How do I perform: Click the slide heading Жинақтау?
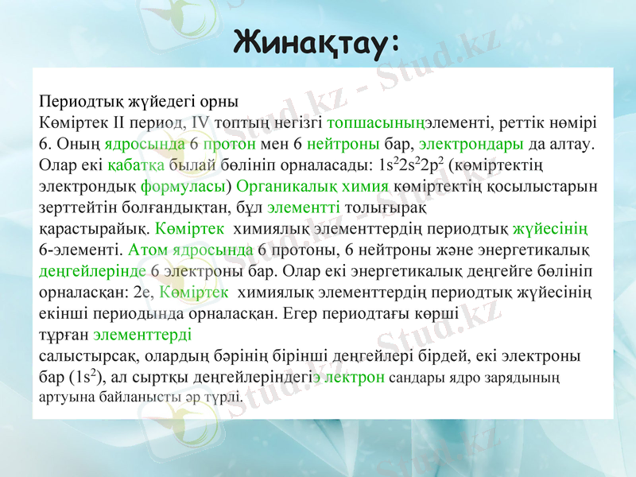[x=317, y=41]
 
